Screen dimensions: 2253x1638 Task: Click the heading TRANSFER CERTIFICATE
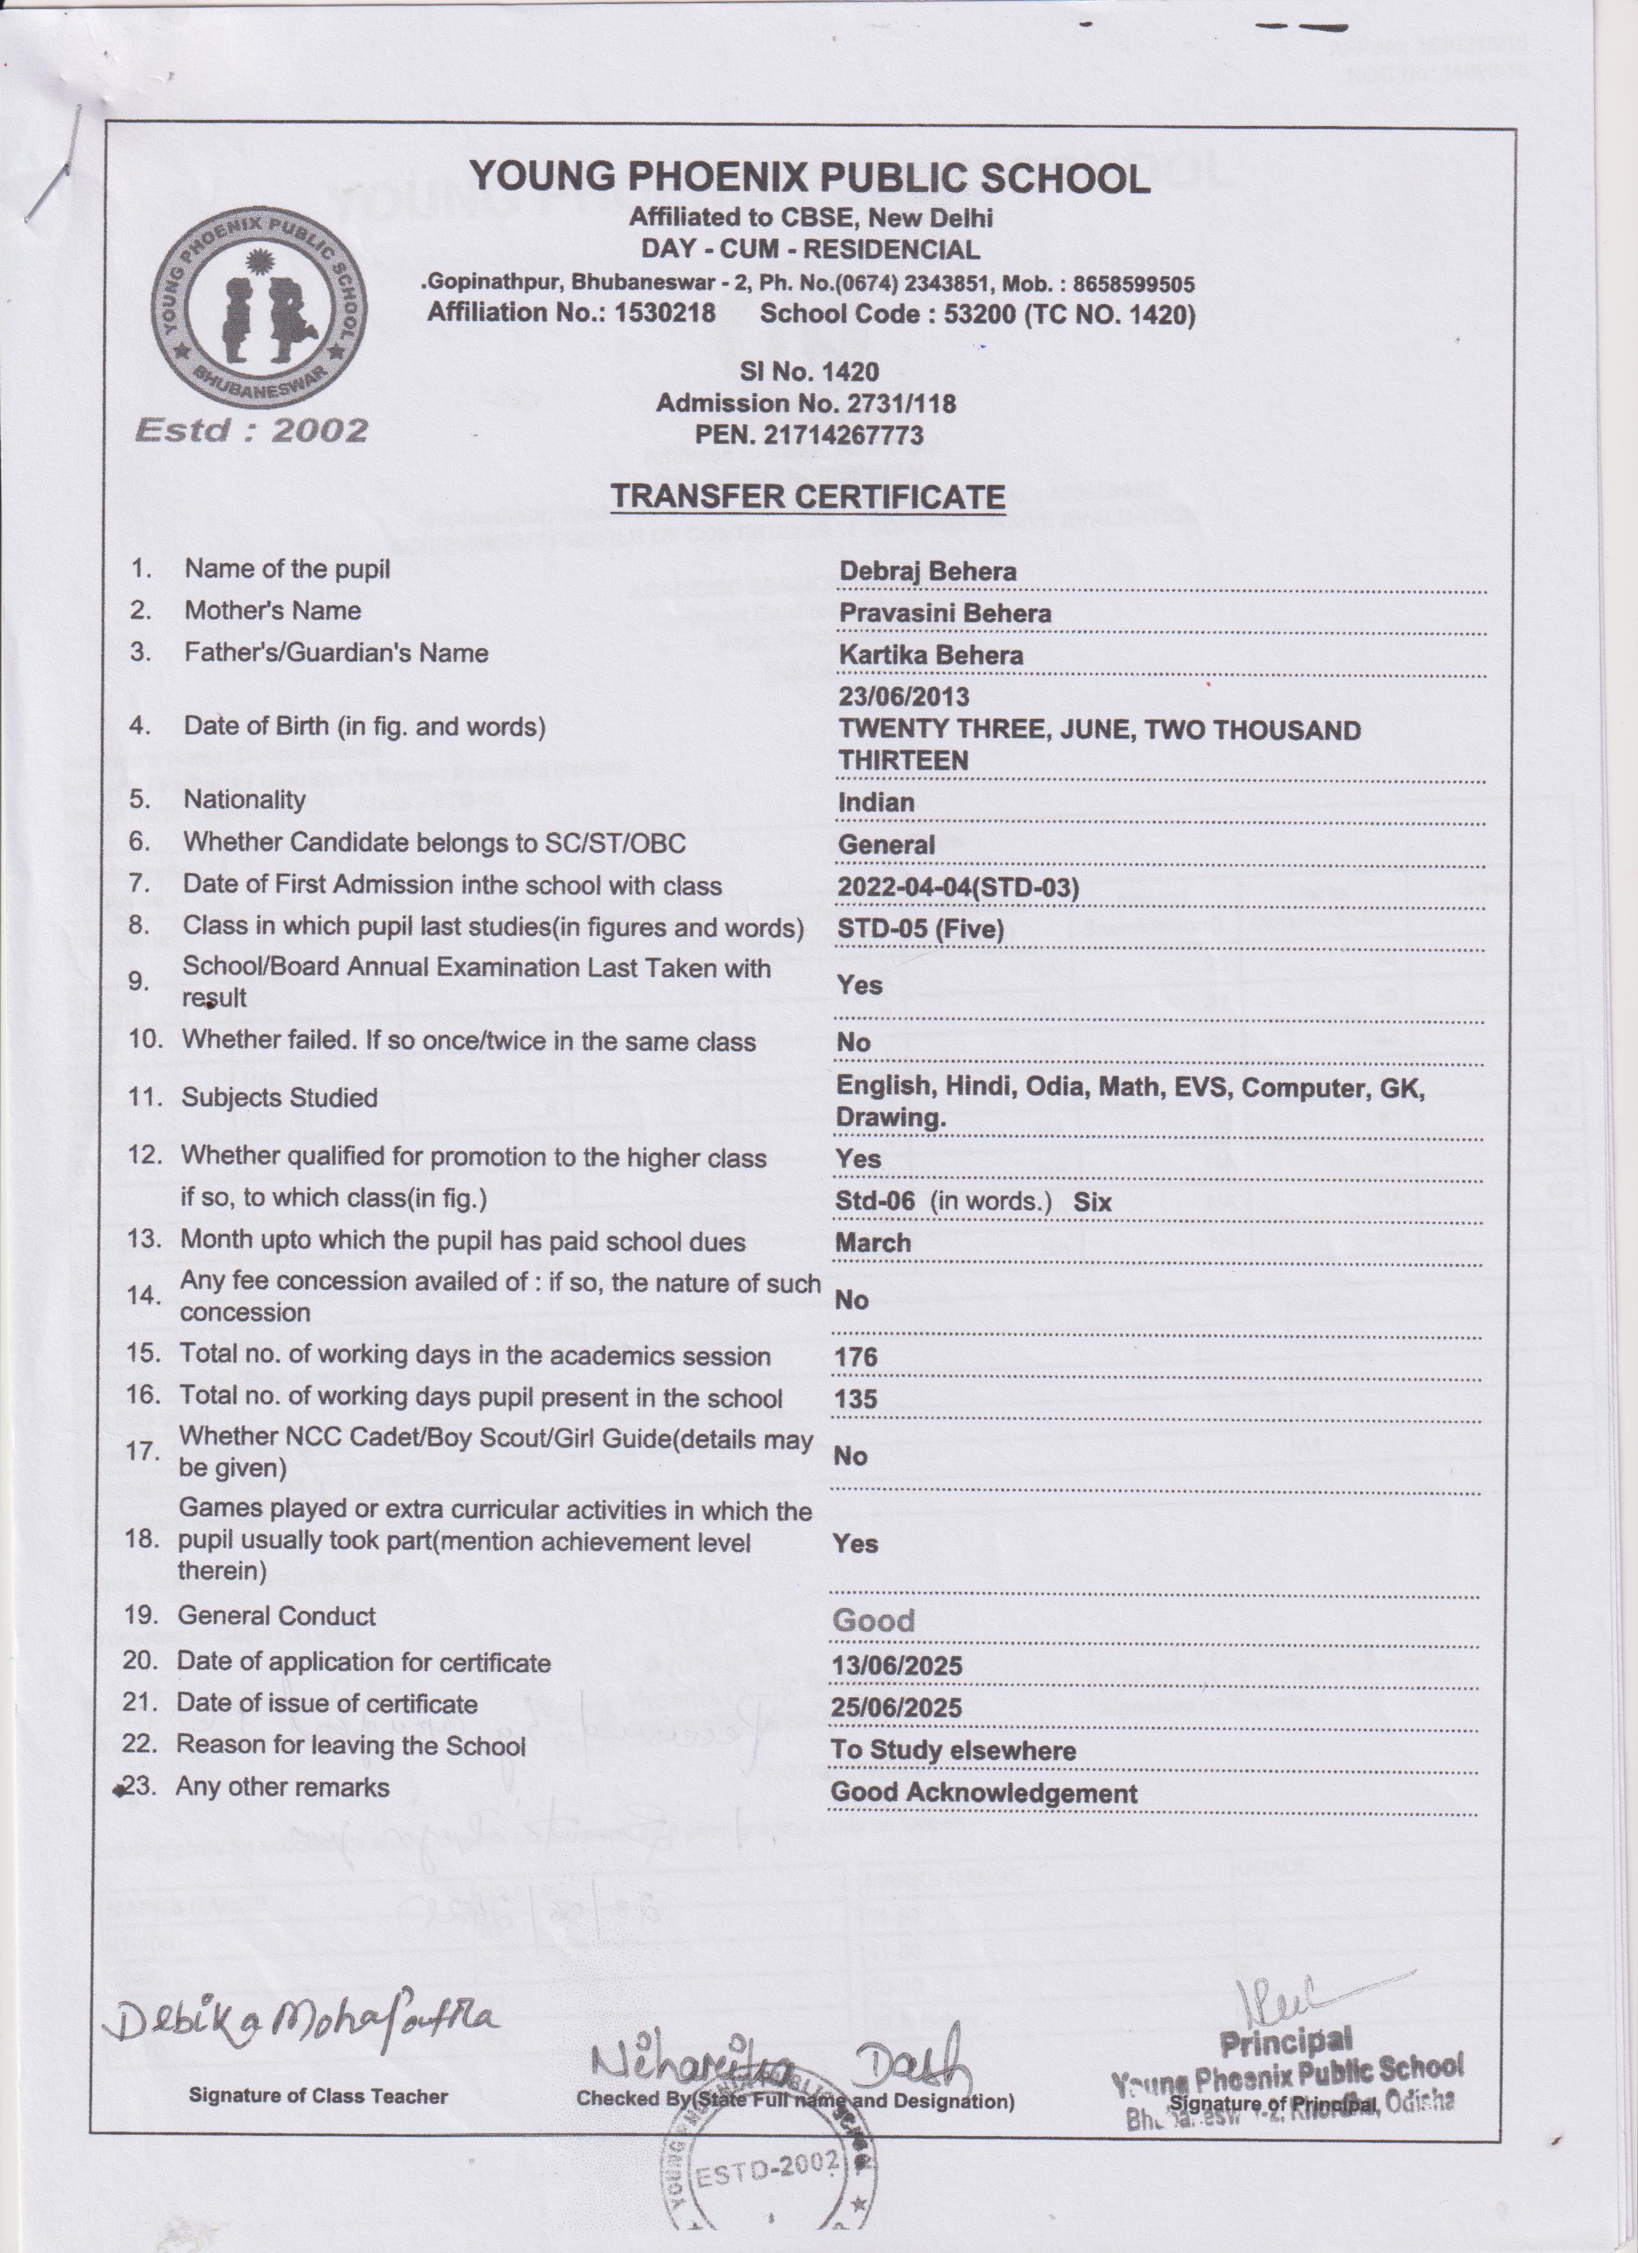[x=807, y=497]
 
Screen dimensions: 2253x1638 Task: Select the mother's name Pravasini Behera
[x=945, y=613]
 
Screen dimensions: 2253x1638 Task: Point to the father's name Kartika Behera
[x=931, y=655]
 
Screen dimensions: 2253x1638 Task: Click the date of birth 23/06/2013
[x=904, y=696]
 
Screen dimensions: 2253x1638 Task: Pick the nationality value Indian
[x=875, y=802]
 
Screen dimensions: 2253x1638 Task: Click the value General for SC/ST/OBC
[x=886, y=844]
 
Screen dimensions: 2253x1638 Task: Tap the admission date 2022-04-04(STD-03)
[x=958, y=886]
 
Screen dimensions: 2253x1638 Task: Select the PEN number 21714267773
[x=809, y=435]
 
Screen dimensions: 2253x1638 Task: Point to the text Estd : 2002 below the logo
[x=251, y=430]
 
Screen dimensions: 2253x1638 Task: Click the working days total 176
[x=855, y=1357]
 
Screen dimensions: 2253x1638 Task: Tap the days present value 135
[x=855, y=1399]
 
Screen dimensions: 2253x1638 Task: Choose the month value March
[x=872, y=1242]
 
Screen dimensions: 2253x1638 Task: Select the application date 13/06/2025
[x=897, y=1666]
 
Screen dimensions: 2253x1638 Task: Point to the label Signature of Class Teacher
[x=318, y=2096]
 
